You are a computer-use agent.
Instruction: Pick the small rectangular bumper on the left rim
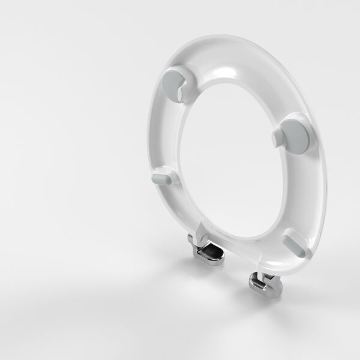[x=164, y=178]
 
